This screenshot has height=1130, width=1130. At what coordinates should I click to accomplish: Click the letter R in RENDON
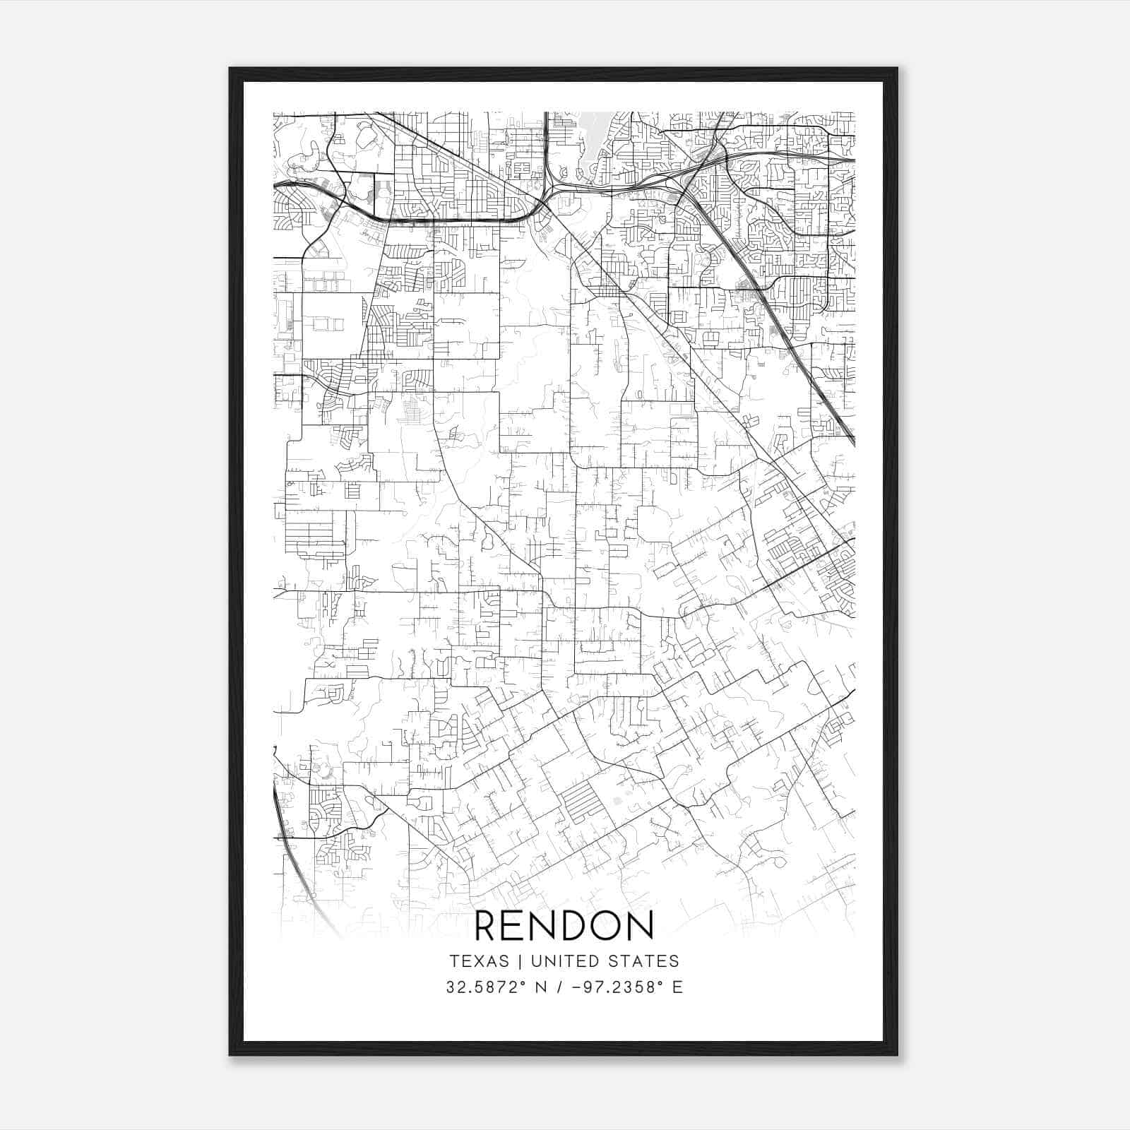coord(488,926)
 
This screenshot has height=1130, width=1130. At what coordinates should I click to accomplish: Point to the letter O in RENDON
coord(606,926)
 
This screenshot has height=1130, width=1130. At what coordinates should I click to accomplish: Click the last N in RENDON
coord(639,926)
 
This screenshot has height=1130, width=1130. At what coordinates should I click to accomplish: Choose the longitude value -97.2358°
coord(612,987)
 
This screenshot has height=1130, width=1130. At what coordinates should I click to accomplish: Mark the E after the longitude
coord(678,987)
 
